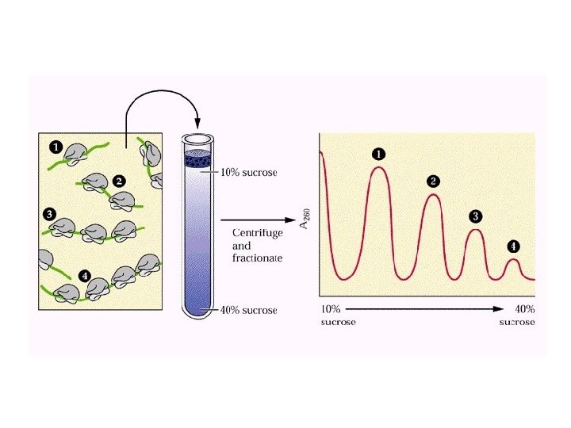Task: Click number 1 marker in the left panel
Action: (56, 146)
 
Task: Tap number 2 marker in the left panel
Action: (118, 181)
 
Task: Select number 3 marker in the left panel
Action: (50, 214)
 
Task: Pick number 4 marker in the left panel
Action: (85, 276)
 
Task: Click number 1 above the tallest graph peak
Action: (378, 153)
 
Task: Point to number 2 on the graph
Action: (433, 181)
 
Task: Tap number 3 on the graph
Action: (475, 216)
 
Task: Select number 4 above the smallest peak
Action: (513, 246)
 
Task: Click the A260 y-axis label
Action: (305, 218)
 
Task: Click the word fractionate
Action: (258, 258)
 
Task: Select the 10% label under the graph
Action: (330, 309)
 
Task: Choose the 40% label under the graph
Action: (523, 309)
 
